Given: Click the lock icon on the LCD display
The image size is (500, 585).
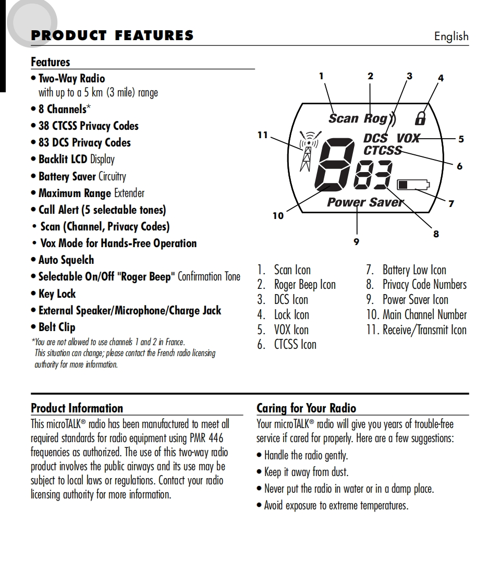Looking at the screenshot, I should coord(420,119).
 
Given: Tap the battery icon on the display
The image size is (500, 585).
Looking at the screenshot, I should coord(413,185).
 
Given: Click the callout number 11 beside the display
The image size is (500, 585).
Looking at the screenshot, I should coord(262,135).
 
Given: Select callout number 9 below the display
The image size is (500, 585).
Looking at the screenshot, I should coord(357,242).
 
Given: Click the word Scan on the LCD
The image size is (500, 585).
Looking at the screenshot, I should coord(343,118).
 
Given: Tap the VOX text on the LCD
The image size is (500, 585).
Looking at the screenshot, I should coord(408,139).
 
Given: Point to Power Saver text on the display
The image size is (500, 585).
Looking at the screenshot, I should coord(365,202).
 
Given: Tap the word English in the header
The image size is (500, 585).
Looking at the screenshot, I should coord(451,36).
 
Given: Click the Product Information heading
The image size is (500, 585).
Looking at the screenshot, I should coord(77,408).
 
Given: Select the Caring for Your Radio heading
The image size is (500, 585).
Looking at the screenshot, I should coord(307,408).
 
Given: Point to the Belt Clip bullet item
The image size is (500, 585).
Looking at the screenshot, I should coord(57,327).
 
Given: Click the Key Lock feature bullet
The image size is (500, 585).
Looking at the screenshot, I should coord(57,294).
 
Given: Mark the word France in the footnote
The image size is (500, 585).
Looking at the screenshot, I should coord(175,343).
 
